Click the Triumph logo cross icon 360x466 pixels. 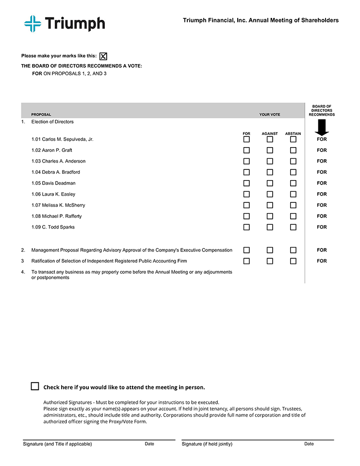(x=33, y=23)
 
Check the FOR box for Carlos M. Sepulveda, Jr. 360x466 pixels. (x=246, y=139)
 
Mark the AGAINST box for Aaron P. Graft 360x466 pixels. (x=270, y=150)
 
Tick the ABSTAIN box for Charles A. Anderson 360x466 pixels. (x=293, y=161)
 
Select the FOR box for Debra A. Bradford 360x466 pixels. (x=246, y=172)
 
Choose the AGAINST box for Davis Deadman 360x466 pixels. (x=270, y=183)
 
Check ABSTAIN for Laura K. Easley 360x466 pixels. (x=293, y=194)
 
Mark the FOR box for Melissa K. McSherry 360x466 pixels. (x=246, y=205)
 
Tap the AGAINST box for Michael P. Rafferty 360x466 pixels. (x=270, y=216)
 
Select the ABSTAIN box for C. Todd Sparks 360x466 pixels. (x=293, y=227)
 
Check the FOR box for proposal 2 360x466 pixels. (x=246, y=250)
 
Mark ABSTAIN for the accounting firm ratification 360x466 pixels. (x=293, y=261)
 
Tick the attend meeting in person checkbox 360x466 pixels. (x=35, y=386)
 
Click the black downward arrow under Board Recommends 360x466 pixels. (x=322, y=128)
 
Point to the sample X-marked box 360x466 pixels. (x=103, y=56)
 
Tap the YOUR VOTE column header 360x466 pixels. (x=270, y=115)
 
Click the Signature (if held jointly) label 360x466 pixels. (x=207, y=444)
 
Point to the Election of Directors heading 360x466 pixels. (x=52, y=122)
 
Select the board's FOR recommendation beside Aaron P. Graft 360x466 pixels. (x=322, y=150)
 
